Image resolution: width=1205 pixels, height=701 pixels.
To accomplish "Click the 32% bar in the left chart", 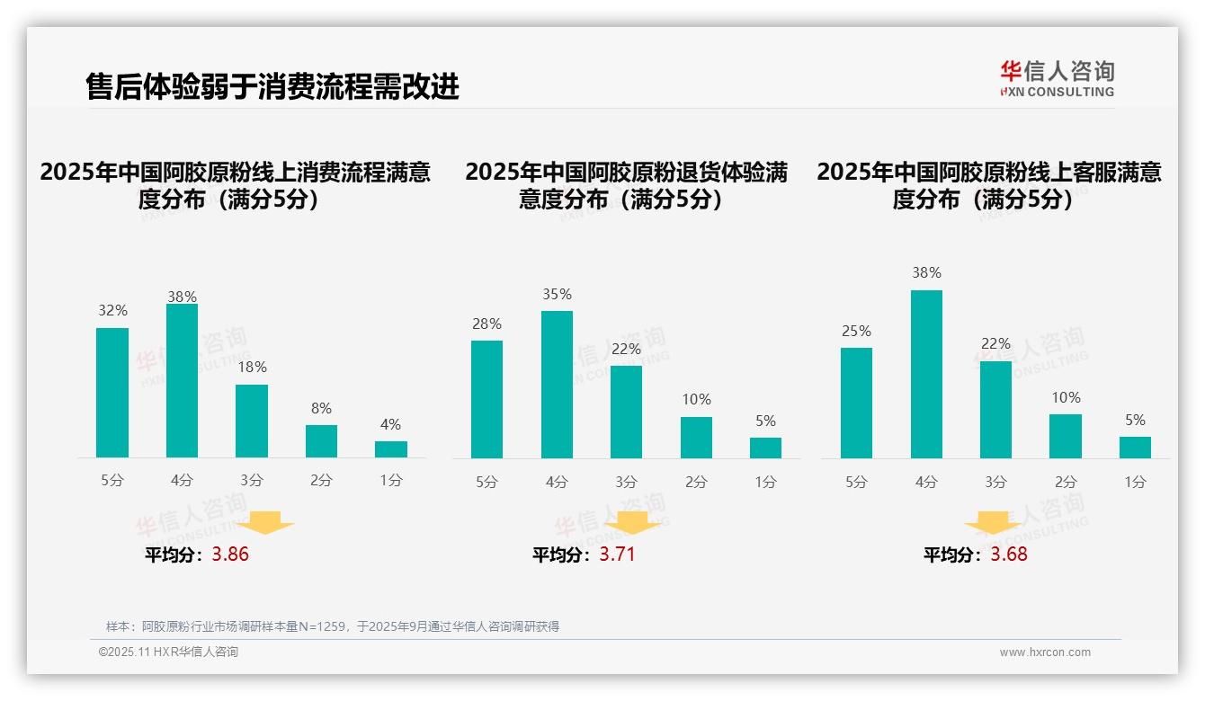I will [112, 393].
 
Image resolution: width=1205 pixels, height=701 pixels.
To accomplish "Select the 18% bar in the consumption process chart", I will [252, 421].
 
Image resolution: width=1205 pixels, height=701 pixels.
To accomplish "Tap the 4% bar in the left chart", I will [391, 448].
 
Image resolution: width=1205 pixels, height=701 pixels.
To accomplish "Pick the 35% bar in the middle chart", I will [557, 385].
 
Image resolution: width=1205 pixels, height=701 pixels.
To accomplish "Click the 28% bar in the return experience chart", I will [486, 399].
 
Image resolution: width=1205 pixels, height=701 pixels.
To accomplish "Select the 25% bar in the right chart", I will [856, 403].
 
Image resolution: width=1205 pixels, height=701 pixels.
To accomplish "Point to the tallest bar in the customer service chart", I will [926, 374].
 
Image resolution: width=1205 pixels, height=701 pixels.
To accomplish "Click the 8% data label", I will [321, 407].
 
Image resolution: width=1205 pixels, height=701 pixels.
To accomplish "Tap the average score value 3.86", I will [230, 555].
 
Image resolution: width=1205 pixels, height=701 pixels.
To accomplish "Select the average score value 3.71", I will [617, 555].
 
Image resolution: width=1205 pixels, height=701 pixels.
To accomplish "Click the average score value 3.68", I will [1009, 555].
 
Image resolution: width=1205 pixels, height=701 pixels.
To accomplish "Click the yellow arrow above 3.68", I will [994, 522].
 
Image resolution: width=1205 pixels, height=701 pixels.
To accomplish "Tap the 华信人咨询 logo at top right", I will [1057, 78].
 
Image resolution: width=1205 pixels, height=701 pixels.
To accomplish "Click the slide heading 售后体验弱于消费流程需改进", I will [272, 86].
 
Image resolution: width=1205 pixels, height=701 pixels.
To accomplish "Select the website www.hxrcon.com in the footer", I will [1045, 652].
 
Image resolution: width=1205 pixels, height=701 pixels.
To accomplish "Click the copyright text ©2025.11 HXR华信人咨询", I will [168, 652].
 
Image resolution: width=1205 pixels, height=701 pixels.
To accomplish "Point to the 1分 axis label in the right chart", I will [1135, 482].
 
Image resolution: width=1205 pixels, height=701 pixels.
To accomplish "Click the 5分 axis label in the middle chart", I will [486, 482].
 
